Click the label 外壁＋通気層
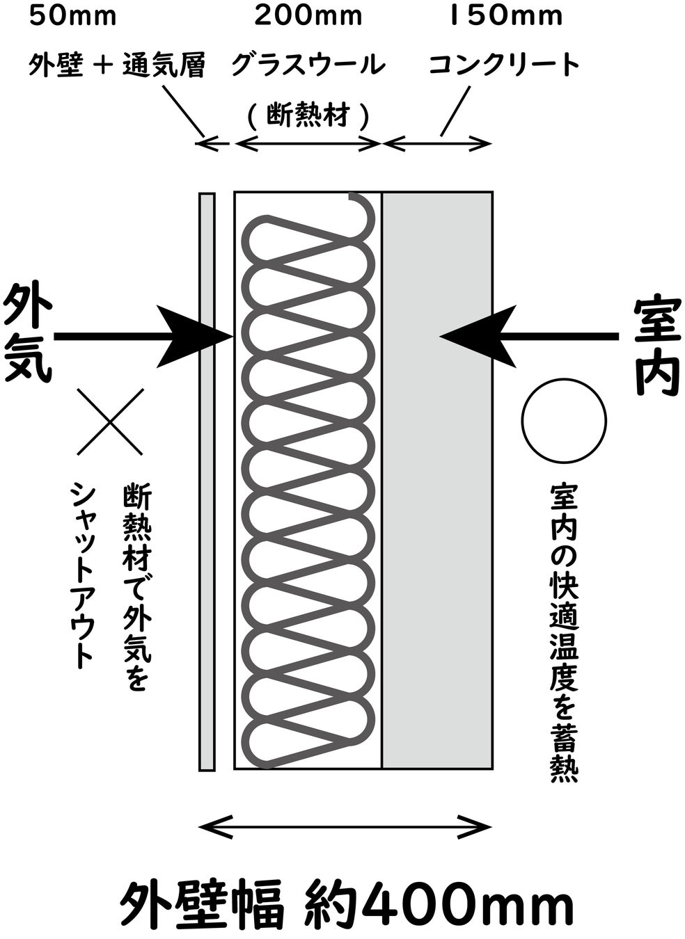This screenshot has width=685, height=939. (x=117, y=65)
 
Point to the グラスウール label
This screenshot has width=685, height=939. (x=308, y=65)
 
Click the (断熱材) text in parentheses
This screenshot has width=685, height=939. (x=307, y=115)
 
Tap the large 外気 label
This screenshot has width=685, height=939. (x=28, y=337)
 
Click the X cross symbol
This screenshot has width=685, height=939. (x=110, y=422)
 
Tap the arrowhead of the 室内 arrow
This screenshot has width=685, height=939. (x=480, y=337)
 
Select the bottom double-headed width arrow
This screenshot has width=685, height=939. (x=345, y=827)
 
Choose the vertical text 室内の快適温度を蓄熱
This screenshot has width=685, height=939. (x=563, y=633)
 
